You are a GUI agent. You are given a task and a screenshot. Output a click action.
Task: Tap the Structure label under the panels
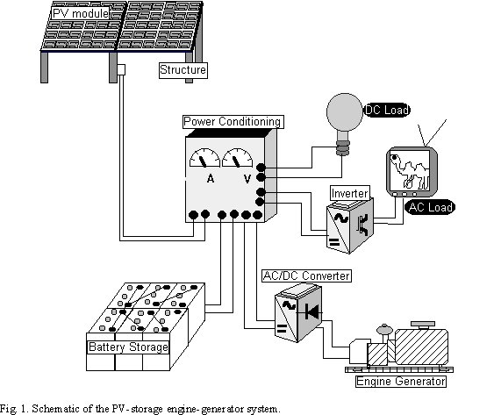coord(183,69)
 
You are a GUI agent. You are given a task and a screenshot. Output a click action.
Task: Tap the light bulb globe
coord(342,114)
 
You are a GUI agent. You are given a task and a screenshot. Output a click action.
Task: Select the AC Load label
coord(429,208)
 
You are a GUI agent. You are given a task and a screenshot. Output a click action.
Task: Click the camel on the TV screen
coord(410,170)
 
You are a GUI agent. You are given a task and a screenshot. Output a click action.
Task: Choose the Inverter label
coord(348,192)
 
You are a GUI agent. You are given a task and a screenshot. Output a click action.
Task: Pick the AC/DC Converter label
coord(306,275)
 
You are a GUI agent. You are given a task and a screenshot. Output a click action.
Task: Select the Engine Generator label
coord(400,381)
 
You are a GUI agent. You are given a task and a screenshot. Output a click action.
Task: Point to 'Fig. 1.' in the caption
coord(16,408)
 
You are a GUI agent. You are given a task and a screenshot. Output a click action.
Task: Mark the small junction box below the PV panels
coord(124,69)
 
